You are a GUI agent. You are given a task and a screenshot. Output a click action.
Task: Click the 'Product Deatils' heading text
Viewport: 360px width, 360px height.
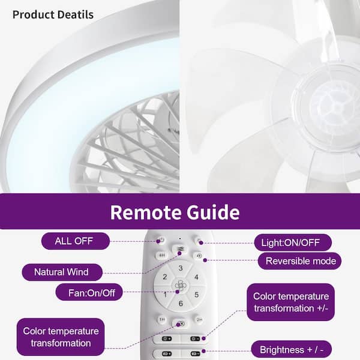(53, 14)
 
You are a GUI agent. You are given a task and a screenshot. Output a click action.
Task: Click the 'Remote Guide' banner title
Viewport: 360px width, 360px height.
(175, 212)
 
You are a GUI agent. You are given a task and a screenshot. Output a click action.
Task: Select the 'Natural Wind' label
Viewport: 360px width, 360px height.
(62, 272)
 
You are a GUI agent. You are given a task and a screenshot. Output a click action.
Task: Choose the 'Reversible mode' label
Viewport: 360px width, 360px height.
(299, 261)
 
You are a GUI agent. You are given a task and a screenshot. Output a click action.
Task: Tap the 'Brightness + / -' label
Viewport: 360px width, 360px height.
(292, 349)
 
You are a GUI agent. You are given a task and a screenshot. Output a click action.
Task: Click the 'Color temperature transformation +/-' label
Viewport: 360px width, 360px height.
(290, 302)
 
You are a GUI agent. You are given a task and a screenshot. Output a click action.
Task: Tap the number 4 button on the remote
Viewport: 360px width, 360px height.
(196, 277)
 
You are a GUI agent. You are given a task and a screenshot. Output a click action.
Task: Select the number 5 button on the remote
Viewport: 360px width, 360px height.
(196, 295)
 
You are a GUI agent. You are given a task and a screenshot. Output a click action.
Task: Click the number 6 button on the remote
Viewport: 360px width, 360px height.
(181, 304)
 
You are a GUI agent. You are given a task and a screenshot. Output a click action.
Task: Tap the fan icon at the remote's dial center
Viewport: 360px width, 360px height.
(181, 286)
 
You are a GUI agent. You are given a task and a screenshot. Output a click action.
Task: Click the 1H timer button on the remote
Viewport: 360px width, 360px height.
(162, 319)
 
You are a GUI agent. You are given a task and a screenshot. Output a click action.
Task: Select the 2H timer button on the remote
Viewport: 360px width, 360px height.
(199, 319)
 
